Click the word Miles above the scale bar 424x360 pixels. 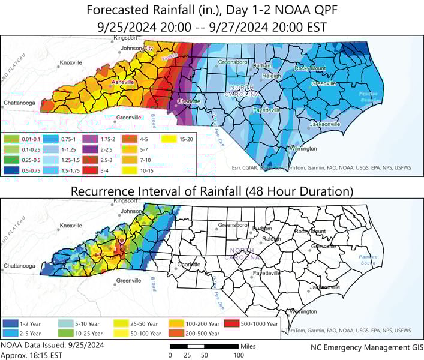pos(247,346)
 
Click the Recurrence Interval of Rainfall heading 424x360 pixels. pos(212,191)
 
